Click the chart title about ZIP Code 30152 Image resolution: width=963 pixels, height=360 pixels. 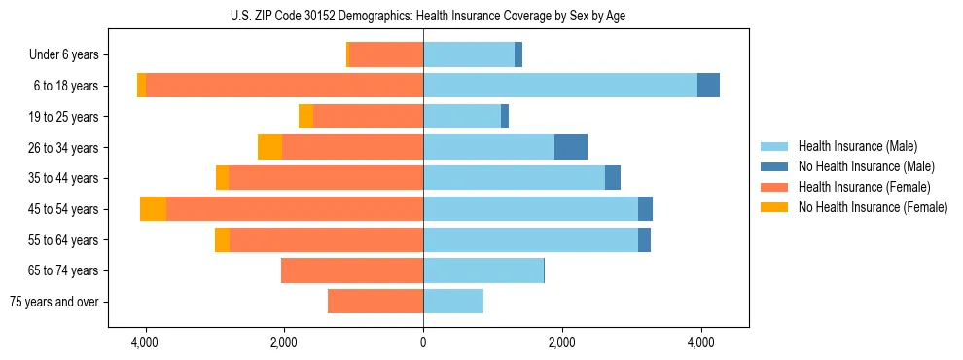[423, 15]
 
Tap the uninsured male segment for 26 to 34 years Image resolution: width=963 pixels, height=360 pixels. [571, 147]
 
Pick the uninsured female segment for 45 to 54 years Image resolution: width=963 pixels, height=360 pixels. [153, 209]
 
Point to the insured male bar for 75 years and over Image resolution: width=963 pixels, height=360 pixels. [453, 302]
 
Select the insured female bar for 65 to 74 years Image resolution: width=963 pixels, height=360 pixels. [352, 270]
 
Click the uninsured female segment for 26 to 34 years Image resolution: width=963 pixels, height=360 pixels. [269, 147]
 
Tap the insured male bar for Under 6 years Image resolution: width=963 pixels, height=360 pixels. [469, 54]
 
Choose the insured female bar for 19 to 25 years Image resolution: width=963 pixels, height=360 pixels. [368, 117]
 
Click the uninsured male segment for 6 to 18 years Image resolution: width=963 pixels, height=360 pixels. [708, 86]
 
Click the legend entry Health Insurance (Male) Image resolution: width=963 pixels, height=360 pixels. [857, 146]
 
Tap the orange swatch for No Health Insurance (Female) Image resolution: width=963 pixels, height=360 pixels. [775, 207]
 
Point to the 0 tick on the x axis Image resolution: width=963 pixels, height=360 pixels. [423, 343]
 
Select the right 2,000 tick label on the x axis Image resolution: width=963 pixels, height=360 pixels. [561, 343]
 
